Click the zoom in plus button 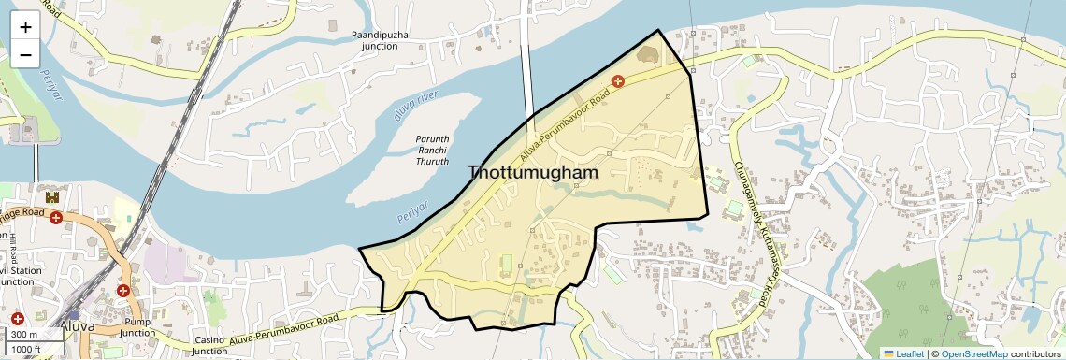[x=25, y=26]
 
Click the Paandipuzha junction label [x=380, y=40]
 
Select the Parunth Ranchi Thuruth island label [x=432, y=150]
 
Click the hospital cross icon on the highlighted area [x=617, y=82]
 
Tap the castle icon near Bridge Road [x=51, y=197]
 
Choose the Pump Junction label [x=137, y=327]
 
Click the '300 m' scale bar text [x=24, y=335]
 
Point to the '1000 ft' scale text [x=28, y=350]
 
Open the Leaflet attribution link [x=903, y=353]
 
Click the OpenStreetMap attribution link [x=973, y=353]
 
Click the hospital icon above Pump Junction [x=122, y=291]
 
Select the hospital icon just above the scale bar [x=17, y=319]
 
